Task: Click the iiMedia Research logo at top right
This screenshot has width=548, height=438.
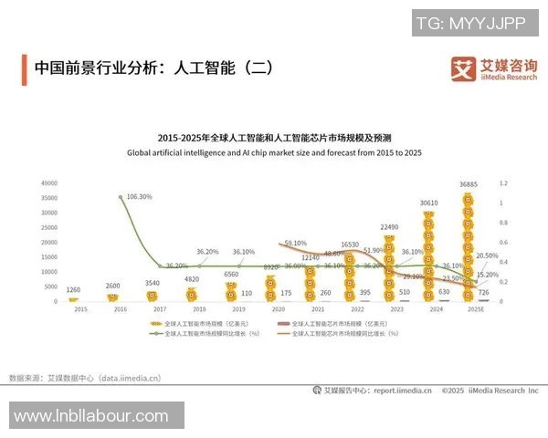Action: pyautogui.click(x=493, y=68)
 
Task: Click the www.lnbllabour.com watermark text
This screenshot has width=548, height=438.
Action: pyautogui.click(x=91, y=416)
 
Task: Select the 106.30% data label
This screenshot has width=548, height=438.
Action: pyautogui.click(x=139, y=196)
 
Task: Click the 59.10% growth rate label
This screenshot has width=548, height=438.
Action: pyautogui.click(x=295, y=244)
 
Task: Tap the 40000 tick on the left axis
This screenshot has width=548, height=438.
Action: pyautogui.click(x=48, y=183)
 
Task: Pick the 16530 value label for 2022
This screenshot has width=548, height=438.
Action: pyautogui.click(x=349, y=245)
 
